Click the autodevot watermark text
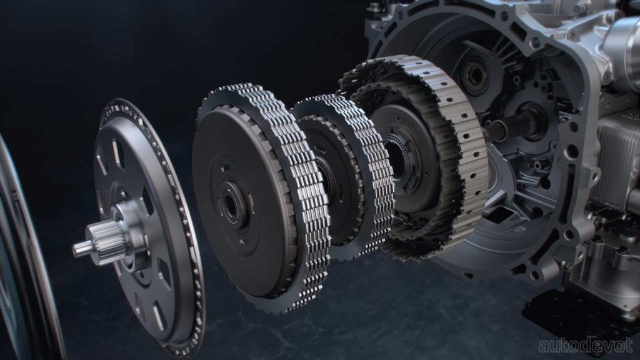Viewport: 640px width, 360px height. point(585,345)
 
